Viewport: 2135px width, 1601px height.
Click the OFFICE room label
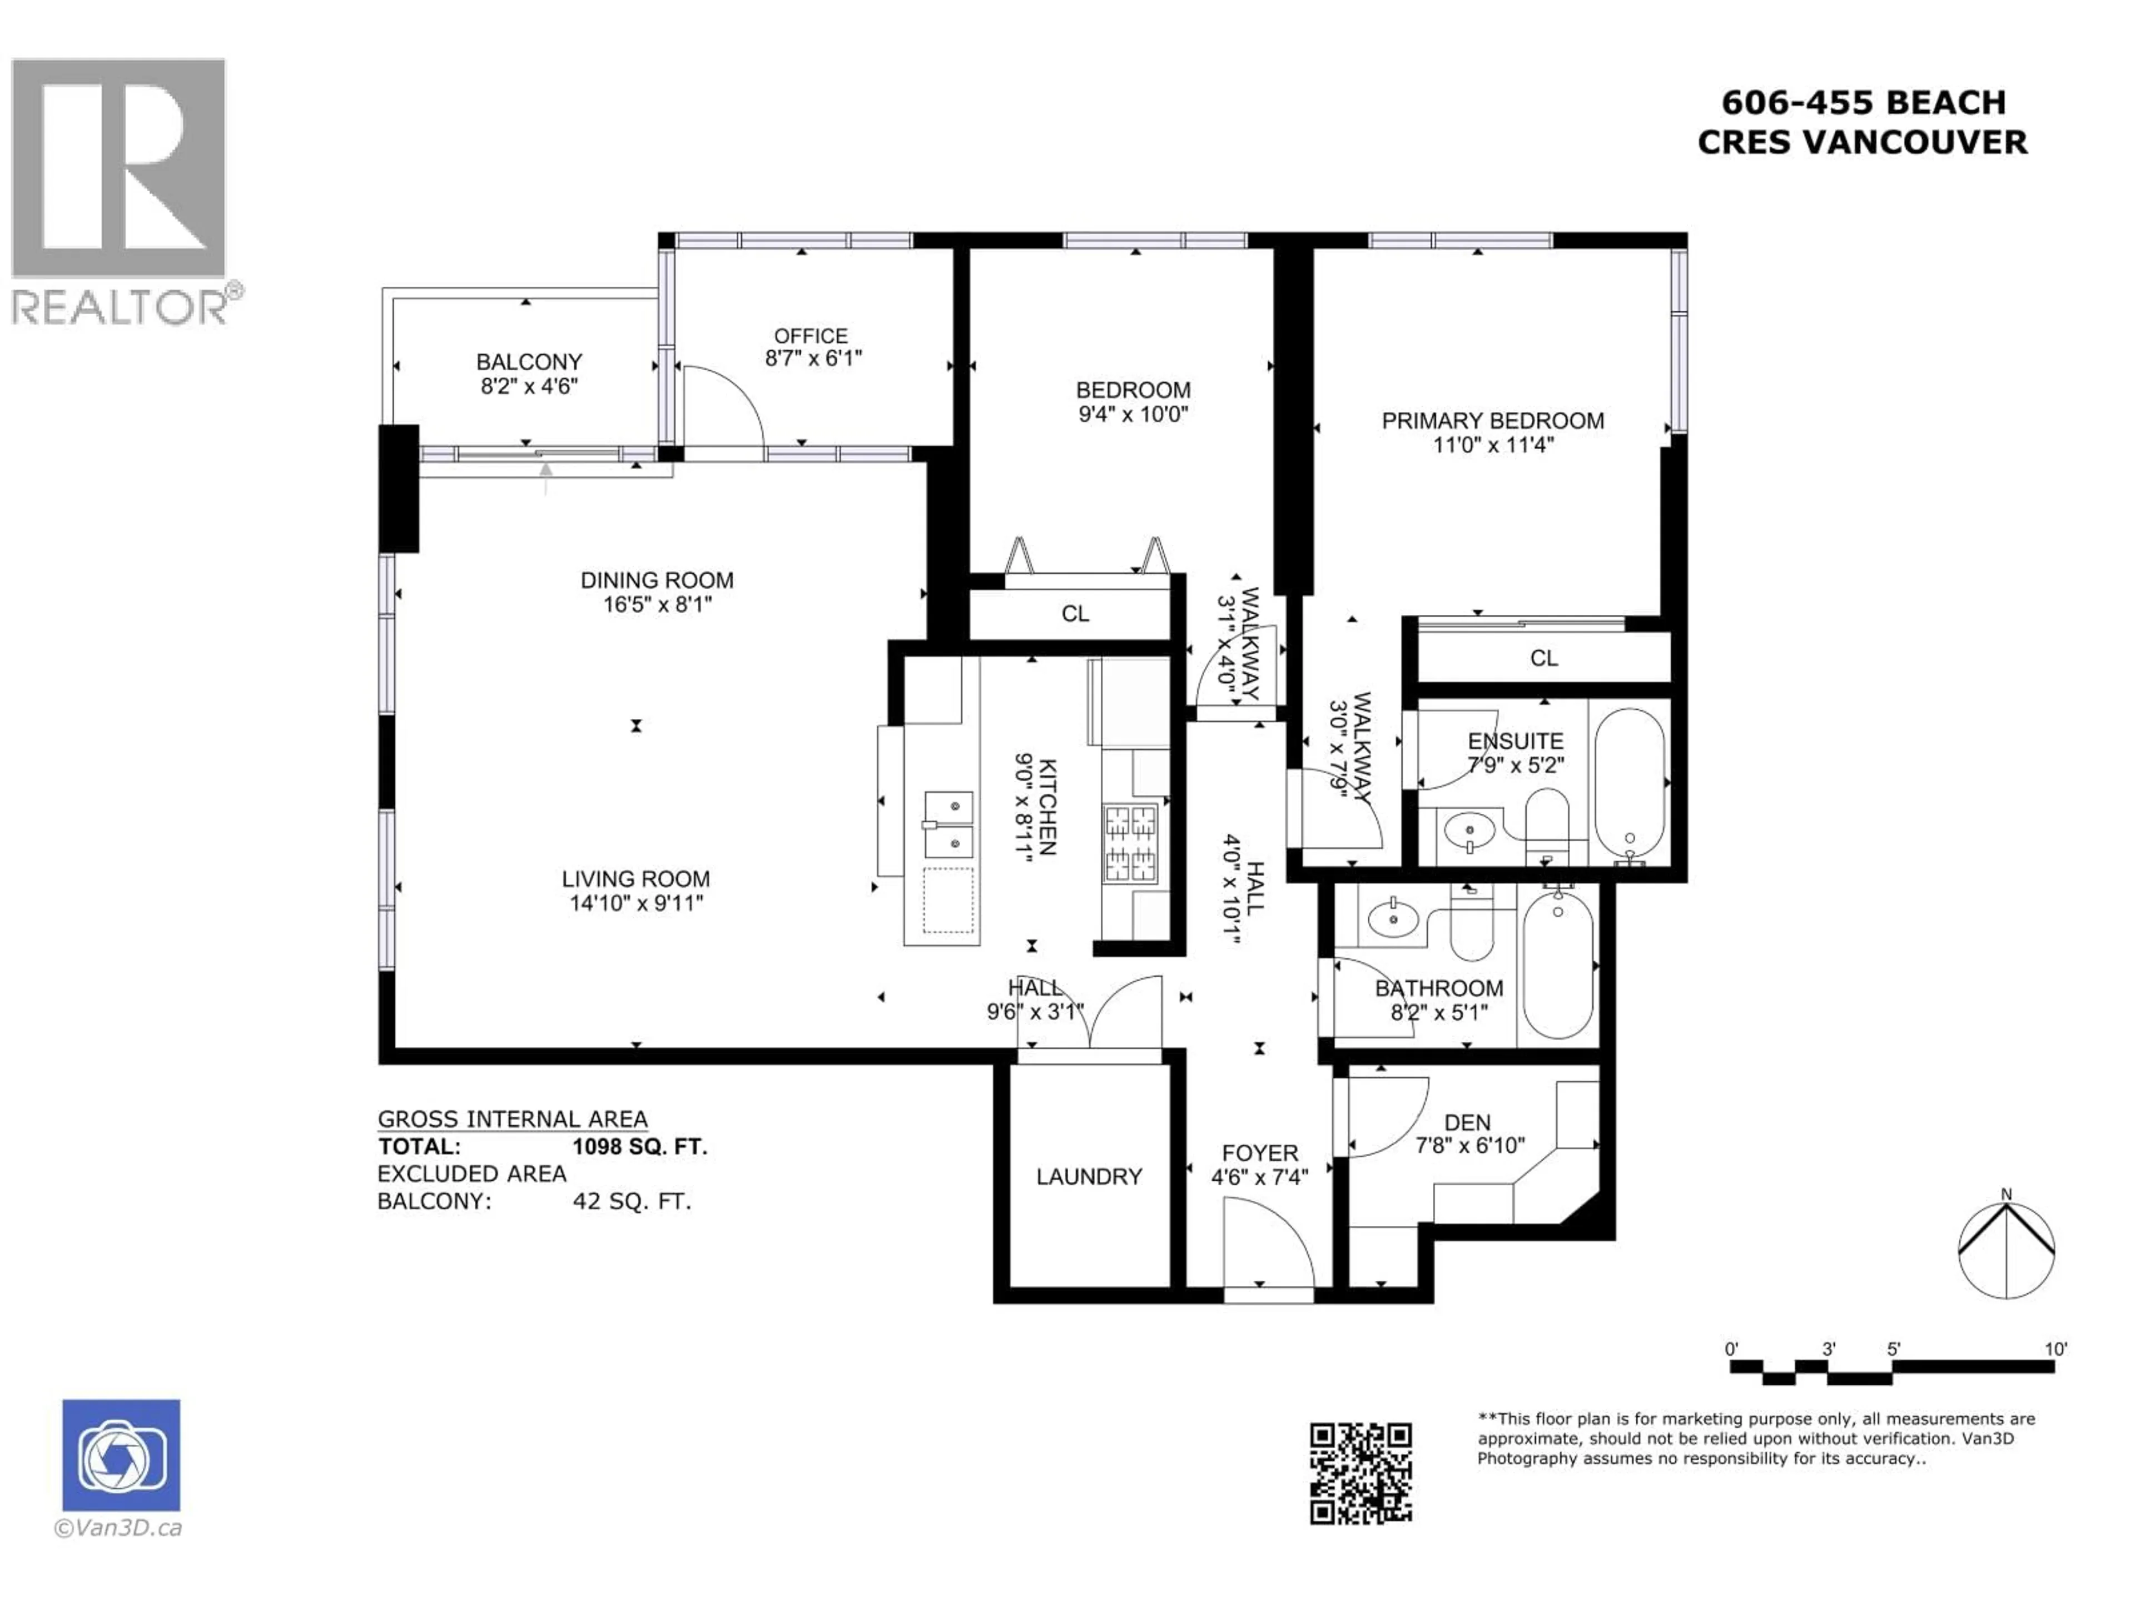tap(811, 336)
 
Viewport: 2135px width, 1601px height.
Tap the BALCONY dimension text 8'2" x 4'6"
tap(529, 386)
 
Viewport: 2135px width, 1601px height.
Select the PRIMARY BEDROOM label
tap(1492, 421)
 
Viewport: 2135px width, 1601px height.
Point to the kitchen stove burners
tap(1130, 843)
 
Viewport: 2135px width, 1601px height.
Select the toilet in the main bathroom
tap(1471, 924)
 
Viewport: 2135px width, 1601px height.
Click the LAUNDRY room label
tap(1089, 1176)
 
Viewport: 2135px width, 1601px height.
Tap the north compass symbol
tap(2005, 1248)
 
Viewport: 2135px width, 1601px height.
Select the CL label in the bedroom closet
tap(1075, 614)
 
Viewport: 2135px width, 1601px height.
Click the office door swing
tap(722, 407)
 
